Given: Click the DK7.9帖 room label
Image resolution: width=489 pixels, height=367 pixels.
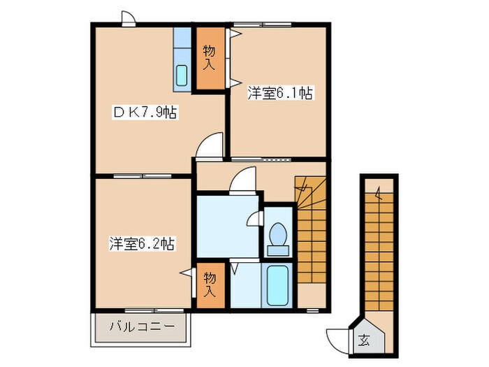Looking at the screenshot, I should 145,113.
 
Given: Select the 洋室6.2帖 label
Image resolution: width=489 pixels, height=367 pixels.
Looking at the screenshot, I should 141,244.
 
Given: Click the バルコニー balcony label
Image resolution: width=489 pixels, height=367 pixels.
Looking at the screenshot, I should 143,326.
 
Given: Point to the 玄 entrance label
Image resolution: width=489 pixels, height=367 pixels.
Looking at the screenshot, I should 365,341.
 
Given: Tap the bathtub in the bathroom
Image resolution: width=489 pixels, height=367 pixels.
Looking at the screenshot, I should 277,283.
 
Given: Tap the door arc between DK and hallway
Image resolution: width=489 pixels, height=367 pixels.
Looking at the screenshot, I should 209,147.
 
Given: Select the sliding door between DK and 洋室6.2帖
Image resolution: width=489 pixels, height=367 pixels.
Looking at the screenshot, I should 133,175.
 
